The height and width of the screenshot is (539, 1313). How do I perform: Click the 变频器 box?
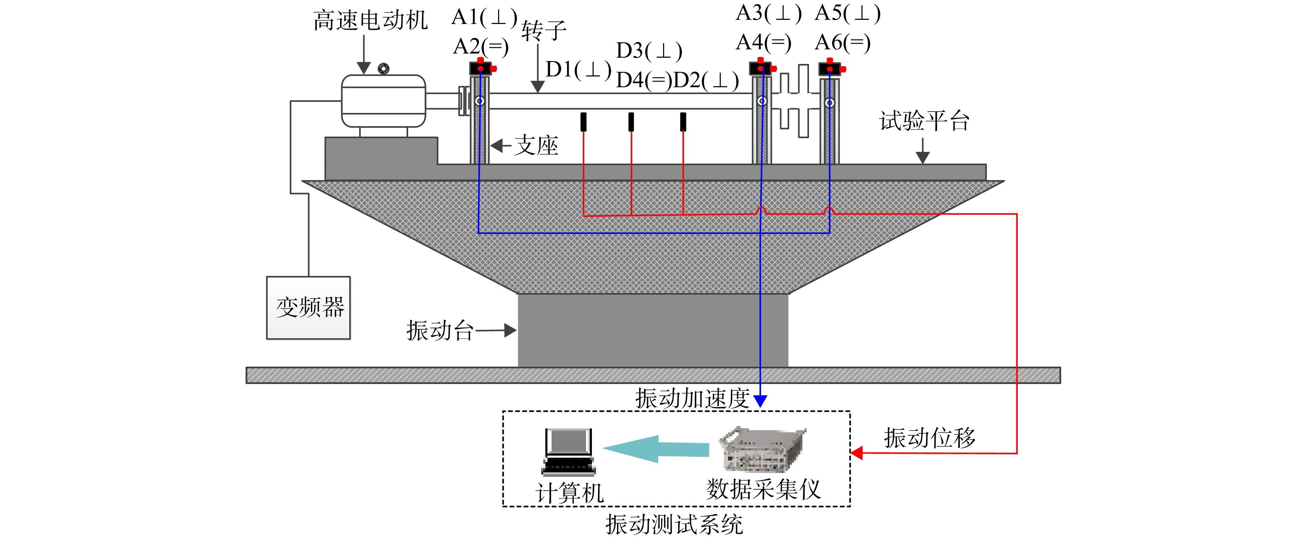308,308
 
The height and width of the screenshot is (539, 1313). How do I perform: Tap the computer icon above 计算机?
568,451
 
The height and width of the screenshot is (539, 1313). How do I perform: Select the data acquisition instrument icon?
762,449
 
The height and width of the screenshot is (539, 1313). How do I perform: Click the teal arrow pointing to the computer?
656,449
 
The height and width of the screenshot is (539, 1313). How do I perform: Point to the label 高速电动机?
371,21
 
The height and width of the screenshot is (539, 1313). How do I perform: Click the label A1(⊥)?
485,17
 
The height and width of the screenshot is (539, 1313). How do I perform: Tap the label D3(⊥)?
649,51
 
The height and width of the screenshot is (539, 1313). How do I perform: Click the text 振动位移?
930,438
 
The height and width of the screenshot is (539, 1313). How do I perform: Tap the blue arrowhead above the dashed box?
760,401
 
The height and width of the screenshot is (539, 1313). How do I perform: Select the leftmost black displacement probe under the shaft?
584,122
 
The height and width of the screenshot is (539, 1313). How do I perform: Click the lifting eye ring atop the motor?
383,68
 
